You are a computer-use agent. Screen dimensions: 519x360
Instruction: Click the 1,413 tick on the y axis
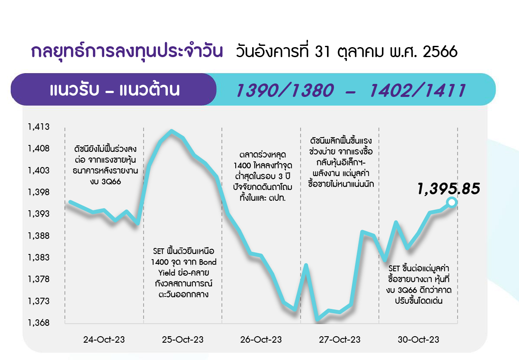pyautogui.click(x=38, y=127)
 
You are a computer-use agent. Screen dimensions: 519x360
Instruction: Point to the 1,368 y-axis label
pyautogui.click(x=38, y=323)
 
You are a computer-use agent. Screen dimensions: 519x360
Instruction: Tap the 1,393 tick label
pyautogui.click(x=38, y=214)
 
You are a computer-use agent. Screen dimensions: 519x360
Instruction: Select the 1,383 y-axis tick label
pyautogui.click(x=38, y=257)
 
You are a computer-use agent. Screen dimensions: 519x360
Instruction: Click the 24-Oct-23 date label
pyautogui.click(x=104, y=340)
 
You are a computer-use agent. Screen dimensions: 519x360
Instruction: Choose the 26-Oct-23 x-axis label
pyautogui.click(x=261, y=340)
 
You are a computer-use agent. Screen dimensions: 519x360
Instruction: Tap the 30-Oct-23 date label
pyautogui.click(x=419, y=340)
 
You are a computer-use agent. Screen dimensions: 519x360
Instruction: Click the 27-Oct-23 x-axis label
pyautogui.click(x=340, y=340)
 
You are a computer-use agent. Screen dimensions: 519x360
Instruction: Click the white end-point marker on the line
pyautogui.click(x=452, y=202)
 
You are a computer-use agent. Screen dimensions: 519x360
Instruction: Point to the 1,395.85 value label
pyautogui.click(x=449, y=189)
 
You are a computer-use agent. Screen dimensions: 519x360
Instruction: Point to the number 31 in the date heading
pyautogui.click(x=322, y=51)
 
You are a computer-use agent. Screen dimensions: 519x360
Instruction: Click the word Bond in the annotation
pyautogui.click(x=208, y=262)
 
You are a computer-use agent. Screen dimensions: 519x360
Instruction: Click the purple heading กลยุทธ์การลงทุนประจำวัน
pyautogui.click(x=127, y=51)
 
